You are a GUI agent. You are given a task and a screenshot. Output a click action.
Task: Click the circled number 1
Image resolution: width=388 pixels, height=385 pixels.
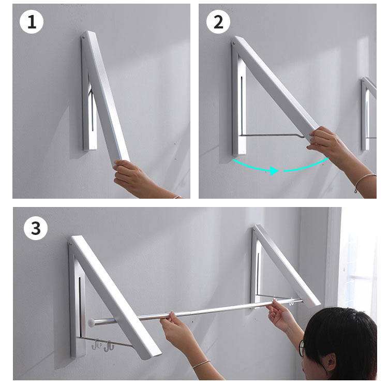pos(32,22)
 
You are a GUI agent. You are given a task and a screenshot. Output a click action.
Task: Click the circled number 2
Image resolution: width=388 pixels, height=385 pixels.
pos(218,22)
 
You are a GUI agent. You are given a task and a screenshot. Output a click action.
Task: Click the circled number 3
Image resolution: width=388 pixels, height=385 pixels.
pos(36,228)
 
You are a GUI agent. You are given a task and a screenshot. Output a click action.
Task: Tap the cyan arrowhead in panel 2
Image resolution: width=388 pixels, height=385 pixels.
pos(274,171)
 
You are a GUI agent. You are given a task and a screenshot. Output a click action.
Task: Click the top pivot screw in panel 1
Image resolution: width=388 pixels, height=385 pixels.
pos(84,38)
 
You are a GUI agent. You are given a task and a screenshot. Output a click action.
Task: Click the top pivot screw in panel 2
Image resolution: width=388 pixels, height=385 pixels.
pos(234,43)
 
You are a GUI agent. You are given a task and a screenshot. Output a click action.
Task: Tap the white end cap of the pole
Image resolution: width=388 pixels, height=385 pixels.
pos(92,323)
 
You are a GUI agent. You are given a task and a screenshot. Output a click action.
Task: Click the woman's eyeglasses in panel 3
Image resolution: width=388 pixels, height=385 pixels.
pos(302,348)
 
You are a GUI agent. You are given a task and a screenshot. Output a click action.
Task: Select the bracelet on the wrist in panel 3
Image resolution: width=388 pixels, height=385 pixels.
pos(201,364)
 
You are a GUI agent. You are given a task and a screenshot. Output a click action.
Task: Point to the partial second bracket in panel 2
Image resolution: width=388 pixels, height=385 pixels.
pos(369,114)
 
